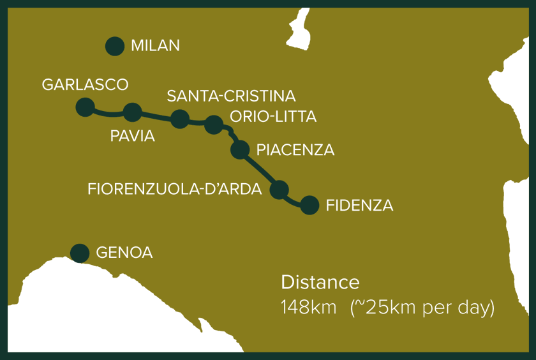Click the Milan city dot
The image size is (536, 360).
(x=114, y=46)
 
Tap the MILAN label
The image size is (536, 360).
(x=155, y=46)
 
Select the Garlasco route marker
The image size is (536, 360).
(x=85, y=107)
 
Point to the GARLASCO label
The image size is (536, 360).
(x=85, y=85)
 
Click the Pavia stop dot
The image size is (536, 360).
(x=132, y=112)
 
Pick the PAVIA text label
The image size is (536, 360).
(x=133, y=136)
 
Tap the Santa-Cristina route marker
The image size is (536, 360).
(x=180, y=118)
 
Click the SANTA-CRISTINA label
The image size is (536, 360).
(x=231, y=96)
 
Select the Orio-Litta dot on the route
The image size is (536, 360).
(x=214, y=124)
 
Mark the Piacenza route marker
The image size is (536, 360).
(x=239, y=149)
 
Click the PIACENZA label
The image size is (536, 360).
(x=295, y=151)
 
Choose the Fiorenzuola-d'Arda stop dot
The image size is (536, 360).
(x=279, y=189)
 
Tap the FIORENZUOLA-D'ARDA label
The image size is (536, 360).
(x=175, y=190)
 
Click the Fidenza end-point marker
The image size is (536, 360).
(x=309, y=205)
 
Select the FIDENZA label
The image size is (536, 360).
(x=359, y=206)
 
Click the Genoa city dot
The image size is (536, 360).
(x=80, y=253)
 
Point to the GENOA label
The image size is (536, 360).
(x=124, y=253)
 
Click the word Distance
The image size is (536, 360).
(x=320, y=283)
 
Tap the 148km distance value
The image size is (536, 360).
(x=308, y=308)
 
